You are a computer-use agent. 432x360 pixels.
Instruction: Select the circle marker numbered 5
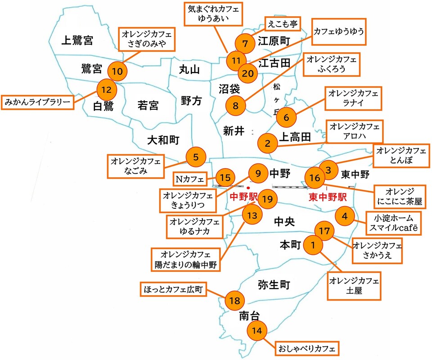click(196, 157)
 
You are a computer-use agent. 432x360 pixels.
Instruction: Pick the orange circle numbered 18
click(234, 300)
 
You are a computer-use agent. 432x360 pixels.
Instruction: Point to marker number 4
click(345, 216)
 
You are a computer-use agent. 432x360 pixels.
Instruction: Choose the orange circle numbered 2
click(268, 144)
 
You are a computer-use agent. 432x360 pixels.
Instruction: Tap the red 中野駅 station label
click(243, 197)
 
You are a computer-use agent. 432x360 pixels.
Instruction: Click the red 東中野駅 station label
click(327, 197)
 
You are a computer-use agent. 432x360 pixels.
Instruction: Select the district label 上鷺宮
click(77, 41)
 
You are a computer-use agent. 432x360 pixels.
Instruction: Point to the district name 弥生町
click(274, 284)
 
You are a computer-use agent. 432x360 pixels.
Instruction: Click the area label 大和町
click(163, 140)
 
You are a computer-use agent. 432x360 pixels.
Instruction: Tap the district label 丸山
click(189, 69)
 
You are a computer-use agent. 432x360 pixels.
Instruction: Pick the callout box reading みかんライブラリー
click(38, 102)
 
